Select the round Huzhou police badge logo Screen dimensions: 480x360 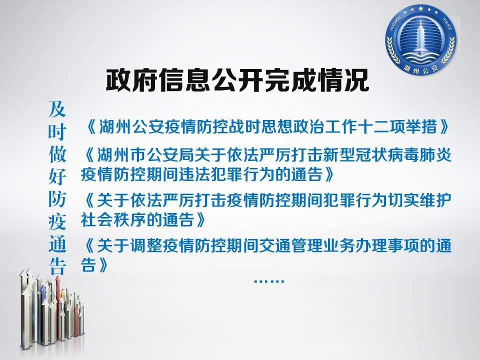(x=421, y=40)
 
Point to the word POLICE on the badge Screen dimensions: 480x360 (x=447, y=24)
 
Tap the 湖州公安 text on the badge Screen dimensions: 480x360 (x=421, y=68)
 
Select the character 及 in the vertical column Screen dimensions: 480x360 (x=57, y=109)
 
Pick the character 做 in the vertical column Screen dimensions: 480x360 (x=57, y=154)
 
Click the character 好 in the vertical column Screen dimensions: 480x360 (x=57, y=176)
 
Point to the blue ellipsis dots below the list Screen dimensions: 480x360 (x=269, y=280)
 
